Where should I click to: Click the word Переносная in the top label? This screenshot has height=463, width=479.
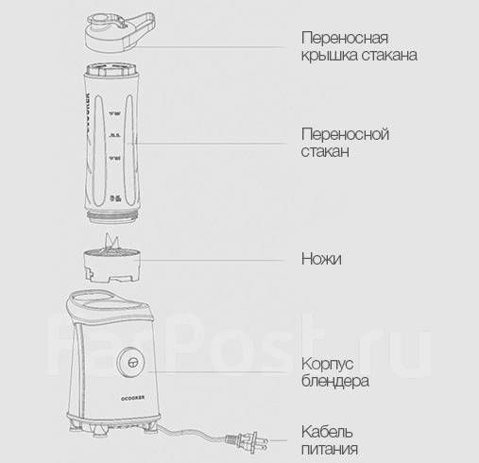click(x=345, y=38)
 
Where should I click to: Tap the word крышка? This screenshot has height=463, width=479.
click(x=330, y=56)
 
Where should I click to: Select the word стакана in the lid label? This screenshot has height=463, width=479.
click(x=389, y=56)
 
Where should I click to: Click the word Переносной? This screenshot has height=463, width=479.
click(x=345, y=135)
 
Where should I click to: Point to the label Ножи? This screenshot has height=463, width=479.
click(x=321, y=259)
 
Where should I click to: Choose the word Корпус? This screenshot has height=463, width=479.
click(x=327, y=365)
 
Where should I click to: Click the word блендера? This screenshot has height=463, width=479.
click(x=335, y=381)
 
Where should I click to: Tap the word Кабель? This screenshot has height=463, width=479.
click(x=327, y=432)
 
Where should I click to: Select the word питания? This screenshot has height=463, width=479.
click(x=330, y=449)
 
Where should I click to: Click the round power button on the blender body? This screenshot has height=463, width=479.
click(x=131, y=362)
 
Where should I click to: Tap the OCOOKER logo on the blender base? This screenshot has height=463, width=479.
click(x=133, y=398)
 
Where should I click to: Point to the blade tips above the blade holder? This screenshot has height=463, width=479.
click(x=111, y=241)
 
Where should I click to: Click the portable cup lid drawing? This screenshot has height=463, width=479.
click(x=120, y=32)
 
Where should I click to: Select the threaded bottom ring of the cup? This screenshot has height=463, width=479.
click(x=112, y=216)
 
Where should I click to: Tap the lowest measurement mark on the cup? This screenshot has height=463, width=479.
click(x=115, y=198)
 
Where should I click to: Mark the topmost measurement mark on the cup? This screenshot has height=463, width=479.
click(x=115, y=113)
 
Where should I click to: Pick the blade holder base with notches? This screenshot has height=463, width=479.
click(x=111, y=266)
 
